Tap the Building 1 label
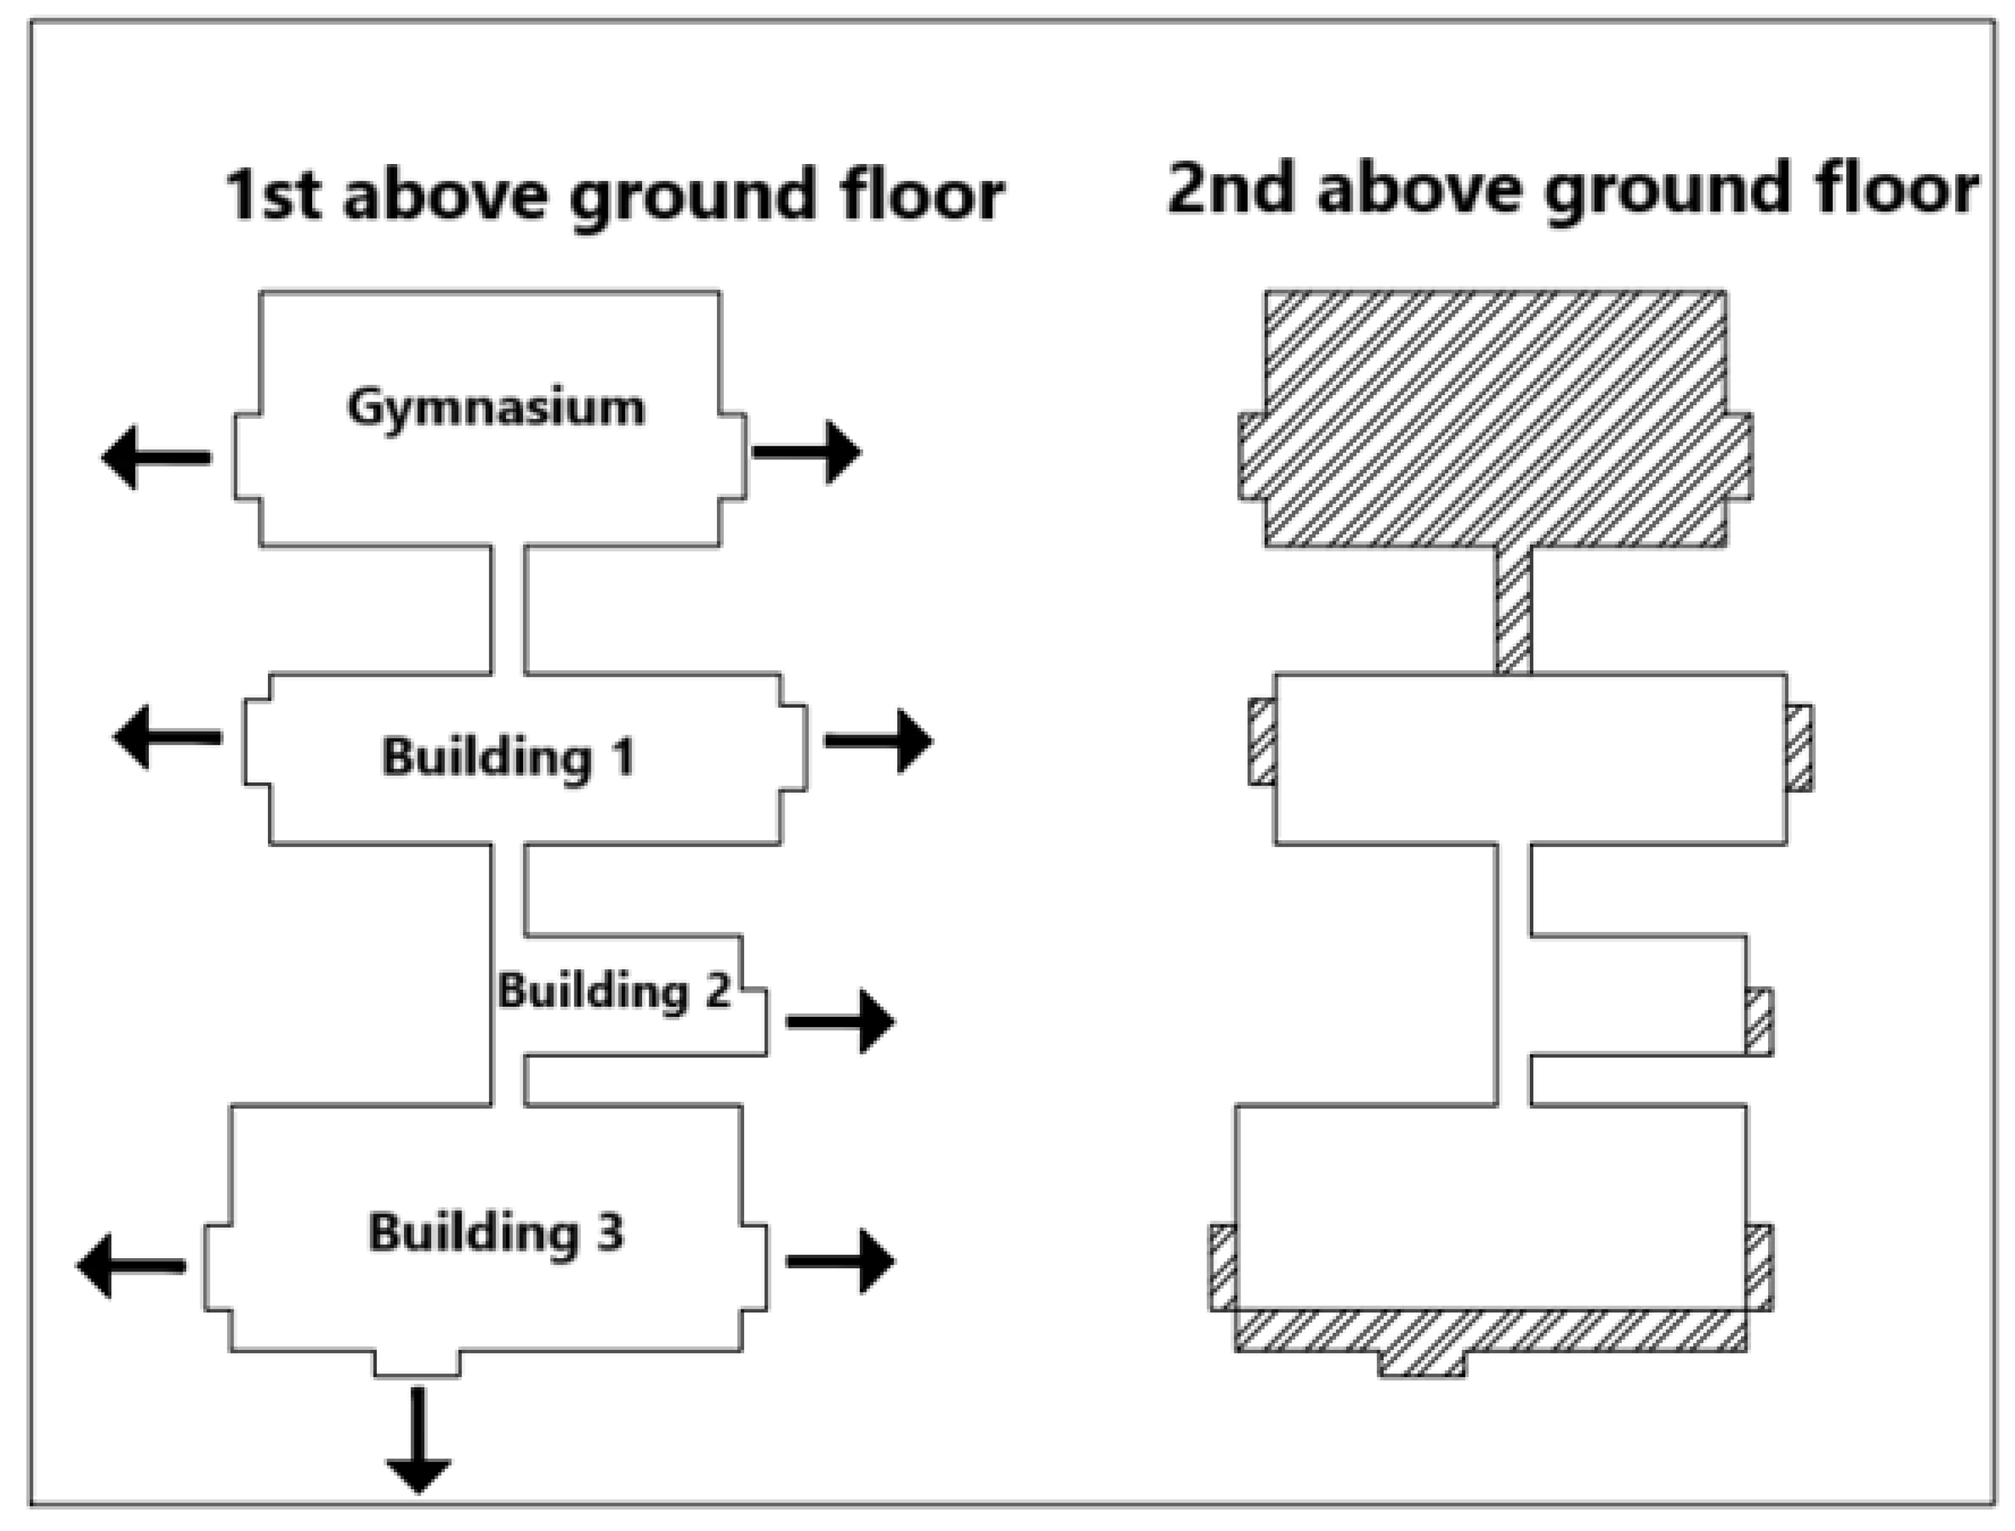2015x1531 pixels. [508, 757]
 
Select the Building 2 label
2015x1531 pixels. [614, 992]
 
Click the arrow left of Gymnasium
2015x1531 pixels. [156, 458]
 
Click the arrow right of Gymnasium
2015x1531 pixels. [807, 451]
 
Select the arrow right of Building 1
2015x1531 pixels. [878, 740]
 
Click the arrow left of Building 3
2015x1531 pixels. [130, 1265]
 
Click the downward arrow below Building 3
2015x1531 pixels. [419, 1440]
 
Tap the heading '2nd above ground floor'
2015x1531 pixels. [1572, 189]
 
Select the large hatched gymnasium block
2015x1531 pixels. [1494, 419]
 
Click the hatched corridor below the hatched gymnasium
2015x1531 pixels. [1513, 610]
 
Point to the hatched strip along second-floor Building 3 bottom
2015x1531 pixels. [1490, 1332]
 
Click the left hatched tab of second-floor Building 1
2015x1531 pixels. [1261, 741]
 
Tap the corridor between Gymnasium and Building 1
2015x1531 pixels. [508, 610]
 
